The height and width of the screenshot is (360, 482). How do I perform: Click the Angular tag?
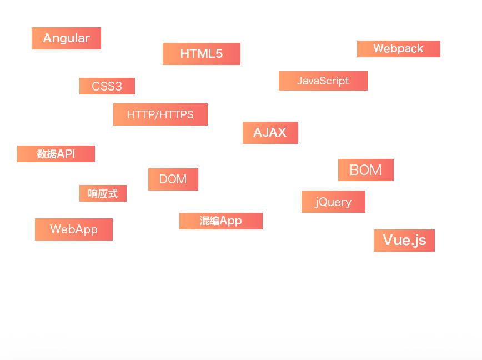(x=66, y=38)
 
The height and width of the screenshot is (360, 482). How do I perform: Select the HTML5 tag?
(x=201, y=54)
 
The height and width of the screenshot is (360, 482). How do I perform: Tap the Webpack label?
(x=398, y=49)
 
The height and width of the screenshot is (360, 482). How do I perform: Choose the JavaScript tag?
(x=323, y=81)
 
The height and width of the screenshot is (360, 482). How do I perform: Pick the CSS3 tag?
(x=107, y=87)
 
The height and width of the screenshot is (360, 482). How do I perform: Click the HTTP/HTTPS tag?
(x=160, y=114)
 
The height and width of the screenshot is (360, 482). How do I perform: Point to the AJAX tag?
(x=270, y=133)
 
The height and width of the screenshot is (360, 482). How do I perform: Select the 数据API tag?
(x=56, y=154)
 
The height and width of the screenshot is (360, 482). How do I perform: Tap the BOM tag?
(x=365, y=170)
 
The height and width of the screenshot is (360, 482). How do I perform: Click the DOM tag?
(x=173, y=179)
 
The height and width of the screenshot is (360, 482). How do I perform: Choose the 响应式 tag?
(x=103, y=193)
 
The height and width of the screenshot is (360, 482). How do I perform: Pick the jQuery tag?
(x=333, y=202)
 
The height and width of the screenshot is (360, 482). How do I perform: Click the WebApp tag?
(x=73, y=229)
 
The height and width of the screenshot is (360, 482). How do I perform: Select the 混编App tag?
(x=220, y=221)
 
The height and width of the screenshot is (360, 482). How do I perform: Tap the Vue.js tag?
(x=404, y=240)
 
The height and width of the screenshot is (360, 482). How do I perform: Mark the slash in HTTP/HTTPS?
(x=158, y=114)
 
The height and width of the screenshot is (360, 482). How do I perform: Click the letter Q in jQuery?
(x=323, y=202)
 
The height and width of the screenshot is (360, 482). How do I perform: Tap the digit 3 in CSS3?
(x=118, y=87)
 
